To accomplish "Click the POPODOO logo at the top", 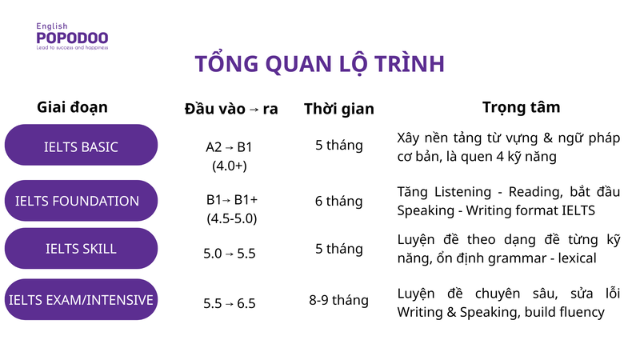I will click(x=72, y=38).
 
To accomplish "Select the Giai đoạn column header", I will click(x=72, y=106).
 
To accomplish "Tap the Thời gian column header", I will click(x=338, y=109).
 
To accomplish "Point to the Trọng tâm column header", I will click(x=521, y=106).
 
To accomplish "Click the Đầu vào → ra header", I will click(x=231, y=108).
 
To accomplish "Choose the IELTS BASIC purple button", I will click(x=81, y=146).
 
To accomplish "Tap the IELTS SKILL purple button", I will click(x=81, y=249).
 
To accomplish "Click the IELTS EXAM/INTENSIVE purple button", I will click(x=81, y=300).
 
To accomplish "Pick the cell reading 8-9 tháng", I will click(x=338, y=300).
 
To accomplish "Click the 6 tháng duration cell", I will click(x=338, y=201).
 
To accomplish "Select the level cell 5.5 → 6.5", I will click(x=230, y=303).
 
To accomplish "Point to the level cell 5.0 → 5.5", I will click(x=230, y=254).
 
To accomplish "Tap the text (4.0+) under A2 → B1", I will click(x=230, y=166).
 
